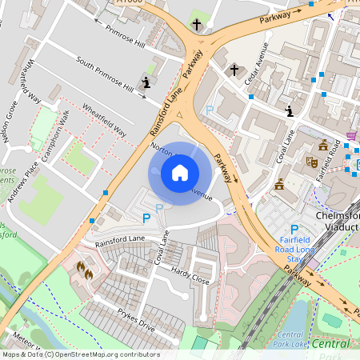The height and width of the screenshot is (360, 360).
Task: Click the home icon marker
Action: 180,172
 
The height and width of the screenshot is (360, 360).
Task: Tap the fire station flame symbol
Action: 84,270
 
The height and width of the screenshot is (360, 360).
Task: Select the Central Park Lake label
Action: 293,339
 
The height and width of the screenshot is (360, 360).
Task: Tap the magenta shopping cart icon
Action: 351,137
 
